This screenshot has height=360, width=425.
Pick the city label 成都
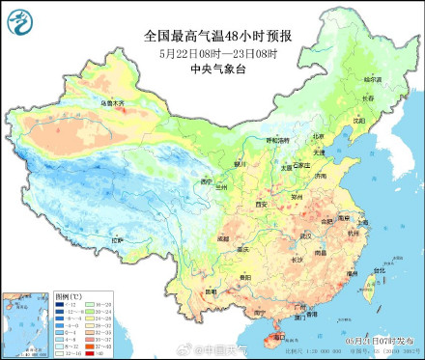(x=223, y=235)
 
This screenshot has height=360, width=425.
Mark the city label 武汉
(x=306, y=235)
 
